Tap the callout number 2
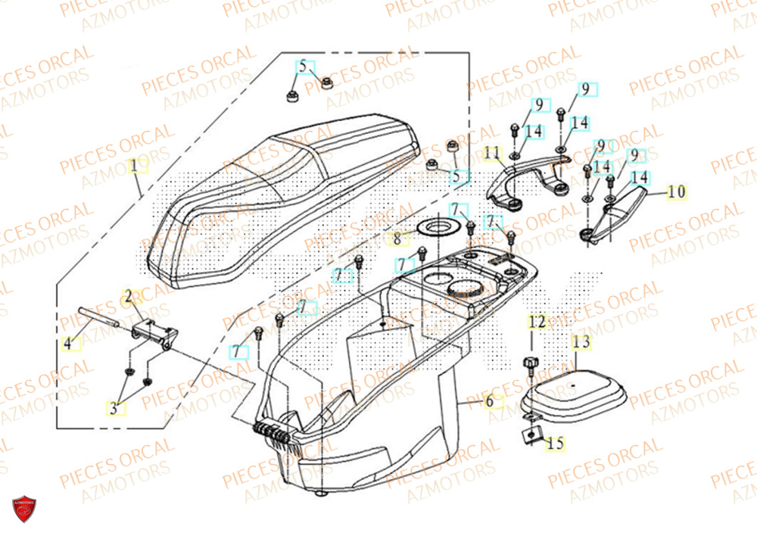(129, 295)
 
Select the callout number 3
(114, 409)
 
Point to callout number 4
(68, 344)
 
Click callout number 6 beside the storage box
(490, 401)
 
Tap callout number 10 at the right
(676, 192)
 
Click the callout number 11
(493, 154)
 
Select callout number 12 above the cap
(537, 323)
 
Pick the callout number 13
(581, 342)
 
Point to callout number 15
(556, 444)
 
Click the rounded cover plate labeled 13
(573, 391)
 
